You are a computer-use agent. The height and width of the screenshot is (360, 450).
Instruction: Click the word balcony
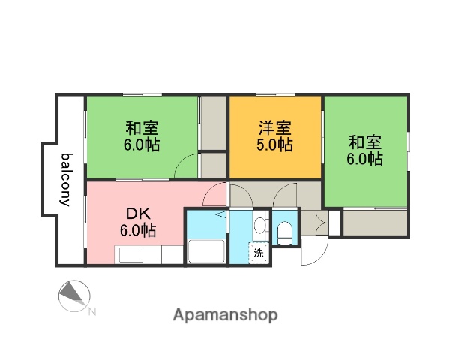pyautogui.click(x=66, y=180)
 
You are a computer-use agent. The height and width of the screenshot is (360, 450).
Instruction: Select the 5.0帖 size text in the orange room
pyautogui.click(x=275, y=145)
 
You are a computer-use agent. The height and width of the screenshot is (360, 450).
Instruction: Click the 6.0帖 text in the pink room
pyautogui.click(x=138, y=230)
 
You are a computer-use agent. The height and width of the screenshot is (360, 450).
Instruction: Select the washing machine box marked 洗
pyautogui.click(x=259, y=253)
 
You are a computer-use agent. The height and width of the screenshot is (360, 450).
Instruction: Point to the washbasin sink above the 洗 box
pyautogui.click(x=259, y=226)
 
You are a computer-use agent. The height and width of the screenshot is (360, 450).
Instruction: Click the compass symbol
pyautogui.click(x=74, y=295)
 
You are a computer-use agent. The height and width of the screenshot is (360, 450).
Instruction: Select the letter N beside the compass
pyautogui.click(x=91, y=311)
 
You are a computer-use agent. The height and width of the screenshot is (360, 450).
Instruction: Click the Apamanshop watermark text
pyautogui.click(x=224, y=315)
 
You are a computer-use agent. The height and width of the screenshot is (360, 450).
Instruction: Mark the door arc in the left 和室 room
pyautogui.click(x=187, y=166)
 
